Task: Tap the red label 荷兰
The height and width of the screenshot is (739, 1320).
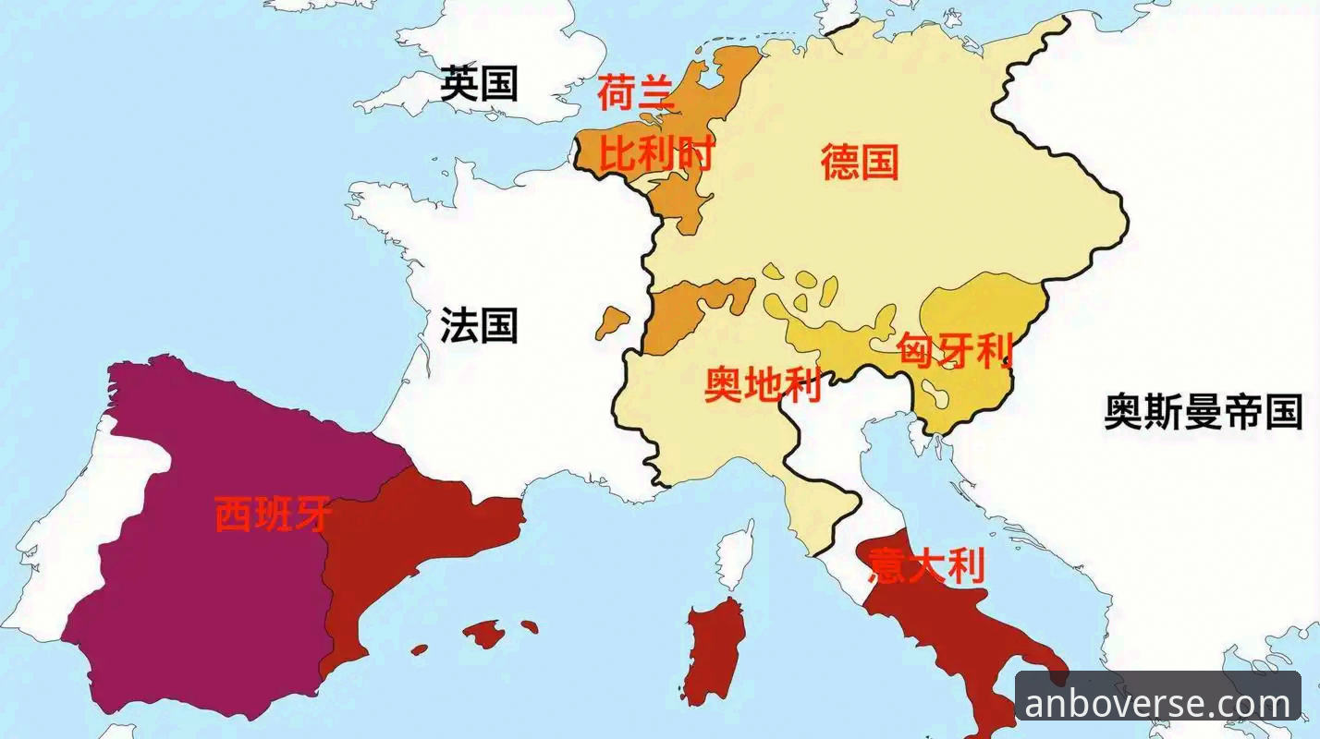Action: click(x=636, y=92)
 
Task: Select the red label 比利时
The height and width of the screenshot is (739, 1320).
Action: click(x=655, y=153)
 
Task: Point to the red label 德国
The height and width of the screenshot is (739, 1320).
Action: click(x=860, y=163)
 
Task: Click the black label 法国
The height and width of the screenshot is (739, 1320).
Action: click(x=479, y=325)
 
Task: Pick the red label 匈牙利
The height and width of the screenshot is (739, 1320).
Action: click(x=955, y=351)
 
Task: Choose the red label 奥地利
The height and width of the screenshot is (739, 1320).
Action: click(x=763, y=384)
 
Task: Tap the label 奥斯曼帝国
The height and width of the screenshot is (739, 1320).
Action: click(x=1204, y=411)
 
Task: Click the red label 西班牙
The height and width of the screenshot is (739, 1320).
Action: click(x=272, y=514)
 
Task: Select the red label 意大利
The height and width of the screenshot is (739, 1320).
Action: click(x=926, y=565)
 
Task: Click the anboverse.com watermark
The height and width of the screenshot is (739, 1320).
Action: click(x=1157, y=704)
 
